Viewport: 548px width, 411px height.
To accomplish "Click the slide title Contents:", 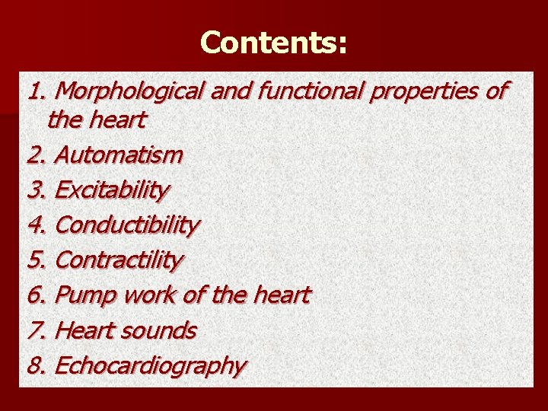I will click(273, 43).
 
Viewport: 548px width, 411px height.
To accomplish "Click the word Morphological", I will click(129, 91).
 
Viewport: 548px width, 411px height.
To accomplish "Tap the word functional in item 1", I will click(311, 91).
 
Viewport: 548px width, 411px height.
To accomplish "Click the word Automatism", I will click(119, 155).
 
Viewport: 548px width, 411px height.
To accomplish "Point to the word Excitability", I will click(112, 190).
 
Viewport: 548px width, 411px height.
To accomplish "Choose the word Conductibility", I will click(127, 225).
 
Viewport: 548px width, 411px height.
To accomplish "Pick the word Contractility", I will click(119, 260).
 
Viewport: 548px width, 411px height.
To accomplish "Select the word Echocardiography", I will click(151, 366).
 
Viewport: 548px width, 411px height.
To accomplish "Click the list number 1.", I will click(36, 91).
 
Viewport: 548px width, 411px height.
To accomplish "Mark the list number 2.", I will click(36, 155).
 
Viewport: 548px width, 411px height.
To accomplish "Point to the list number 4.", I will click(36, 225).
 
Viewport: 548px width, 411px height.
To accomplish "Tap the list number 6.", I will click(36, 295).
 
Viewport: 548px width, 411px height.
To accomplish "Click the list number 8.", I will click(36, 365).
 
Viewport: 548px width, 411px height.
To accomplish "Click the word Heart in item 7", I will click(85, 330).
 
